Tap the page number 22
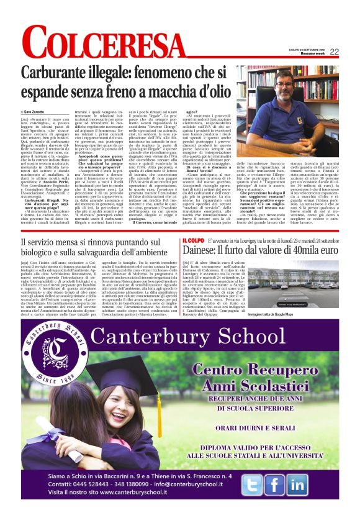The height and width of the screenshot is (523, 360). coord(334,52)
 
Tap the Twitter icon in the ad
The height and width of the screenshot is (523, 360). coord(252,485)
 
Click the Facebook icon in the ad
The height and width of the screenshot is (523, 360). coord(274,485)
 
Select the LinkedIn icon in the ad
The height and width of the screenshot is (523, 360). coord(297,485)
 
